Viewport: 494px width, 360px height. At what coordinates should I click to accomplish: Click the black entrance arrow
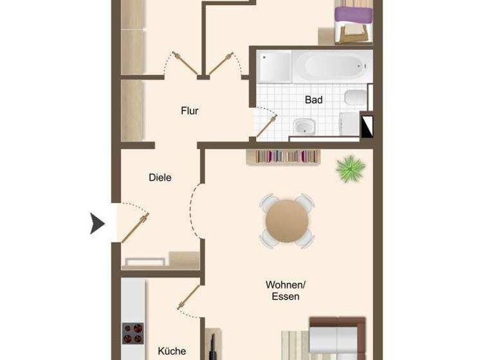pyautogui.click(x=97, y=224)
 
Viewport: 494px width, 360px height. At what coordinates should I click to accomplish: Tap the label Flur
pyautogui.click(x=189, y=111)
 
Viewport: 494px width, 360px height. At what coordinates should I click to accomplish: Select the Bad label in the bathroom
pyautogui.click(x=313, y=100)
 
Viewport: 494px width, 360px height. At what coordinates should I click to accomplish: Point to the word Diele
pyautogui.click(x=160, y=177)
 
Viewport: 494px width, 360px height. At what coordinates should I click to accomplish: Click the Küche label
pyautogui.click(x=172, y=351)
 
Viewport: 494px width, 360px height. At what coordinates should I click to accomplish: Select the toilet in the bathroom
pyautogui.click(x=354, y=98)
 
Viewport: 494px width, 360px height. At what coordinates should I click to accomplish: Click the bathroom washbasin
pyautogui.click(x=302, y=126)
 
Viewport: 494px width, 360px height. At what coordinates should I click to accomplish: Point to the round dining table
pyautogui.click(x=287, y=221)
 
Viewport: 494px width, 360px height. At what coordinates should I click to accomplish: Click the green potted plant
pyautogui.click(x=351, y=168)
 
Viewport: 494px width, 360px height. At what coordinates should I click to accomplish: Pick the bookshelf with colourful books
pyautogui.click(x=284, y=156)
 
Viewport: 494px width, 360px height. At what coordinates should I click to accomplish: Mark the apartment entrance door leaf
pyautogui.click(x=135, y=228)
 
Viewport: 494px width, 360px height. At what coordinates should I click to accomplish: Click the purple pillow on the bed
pyautogui.click(x=354, y=14)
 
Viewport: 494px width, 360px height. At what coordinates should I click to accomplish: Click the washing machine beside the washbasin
pyautogui.click(x=348, y=125)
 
